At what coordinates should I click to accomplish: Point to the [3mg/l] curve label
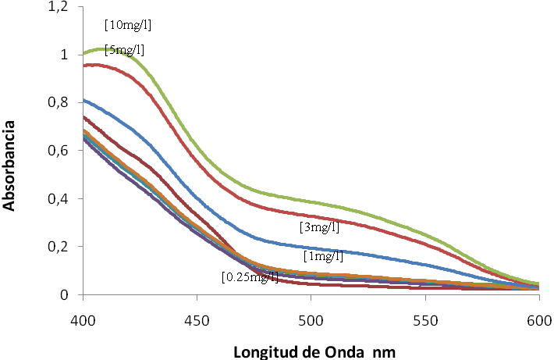pyautogui.click(x=319, y=227)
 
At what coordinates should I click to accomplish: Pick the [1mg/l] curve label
pyautogui.click(x=323, y=255)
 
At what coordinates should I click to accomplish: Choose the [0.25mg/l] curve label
pyautogui.click(x=250, y=276)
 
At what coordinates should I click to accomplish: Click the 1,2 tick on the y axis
pyautogui.click(x=59, y=7)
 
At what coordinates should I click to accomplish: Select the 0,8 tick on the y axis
pyautogui.click(x=59, y=102)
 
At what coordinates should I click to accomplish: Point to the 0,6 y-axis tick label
pyautogui.click(x=59, y=151)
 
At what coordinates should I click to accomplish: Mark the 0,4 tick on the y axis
pyautogui.click(x=59, y=198)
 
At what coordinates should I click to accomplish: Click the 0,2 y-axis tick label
pyautogui.click(x=59, y=247)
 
